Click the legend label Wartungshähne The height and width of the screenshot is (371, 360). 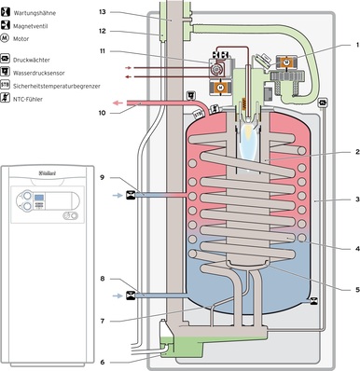pyautogui.click(x=35, y=13)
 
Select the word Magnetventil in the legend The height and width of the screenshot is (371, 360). pyautogui.click(x=30, y=26)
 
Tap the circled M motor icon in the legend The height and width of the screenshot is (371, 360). pyautogui.click(x=5, y=38)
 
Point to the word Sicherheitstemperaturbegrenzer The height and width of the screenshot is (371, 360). pyautogui.click(x=57, y=86)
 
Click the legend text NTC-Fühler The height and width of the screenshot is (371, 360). pyautogui.click(x=28, y=99)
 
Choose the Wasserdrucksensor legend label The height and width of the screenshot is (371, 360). pyautogui.click(x=39, y=73)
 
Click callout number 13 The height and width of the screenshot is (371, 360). pyautogui.click(x=103, y=12)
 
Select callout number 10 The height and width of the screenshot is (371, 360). pyautogui.click(x=103, y=113)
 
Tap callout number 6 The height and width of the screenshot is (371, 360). pyautogui.click(x=103, y=362)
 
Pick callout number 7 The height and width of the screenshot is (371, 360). pyautogui.click(x=103, y=321)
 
